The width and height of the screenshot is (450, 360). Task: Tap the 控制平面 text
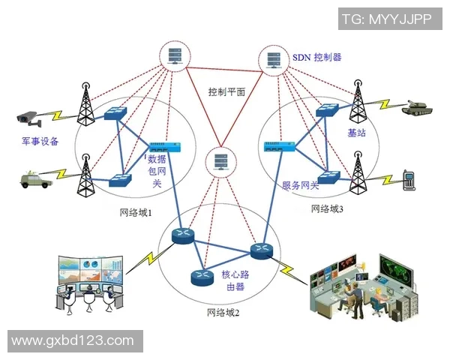coord(226,92)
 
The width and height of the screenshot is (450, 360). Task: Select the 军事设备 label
coord(40,141)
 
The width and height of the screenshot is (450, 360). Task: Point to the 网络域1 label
coord(136,212)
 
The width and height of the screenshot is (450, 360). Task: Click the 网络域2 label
coord(223,312)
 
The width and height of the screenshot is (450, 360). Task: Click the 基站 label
coord(356,133)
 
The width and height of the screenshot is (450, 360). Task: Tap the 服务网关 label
coord(300,185)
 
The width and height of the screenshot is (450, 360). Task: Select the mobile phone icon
coord(408,179)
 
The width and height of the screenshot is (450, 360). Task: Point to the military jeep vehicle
coord(34,178)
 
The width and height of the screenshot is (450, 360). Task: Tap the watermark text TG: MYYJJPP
coord(386,19)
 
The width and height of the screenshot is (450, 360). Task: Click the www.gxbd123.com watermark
coord(72,340)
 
